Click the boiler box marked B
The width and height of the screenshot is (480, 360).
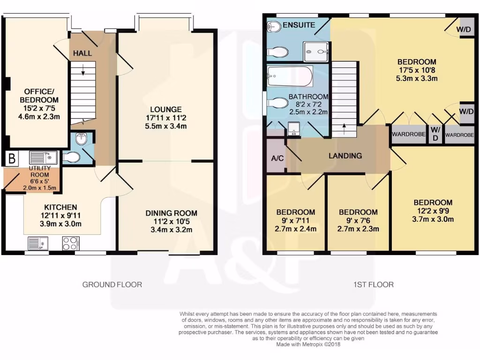pyautogui.click(x=10, y=158)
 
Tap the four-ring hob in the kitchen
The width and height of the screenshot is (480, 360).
pyautogui.click(x=70, y=243)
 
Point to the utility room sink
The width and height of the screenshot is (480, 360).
pyautogui.click(x=43, y=157)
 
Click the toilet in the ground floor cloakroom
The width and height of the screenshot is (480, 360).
pyautogui.click(x=71, y=157)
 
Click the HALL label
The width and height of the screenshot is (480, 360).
pyautogui.click(x=82, y=53)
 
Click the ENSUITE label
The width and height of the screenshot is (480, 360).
pyautogui.click(x=299, y=25)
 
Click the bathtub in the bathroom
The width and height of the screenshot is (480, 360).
pyautogui.click(x=290, y=77)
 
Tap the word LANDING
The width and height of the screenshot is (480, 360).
pyautogui.click(x=345, y=156)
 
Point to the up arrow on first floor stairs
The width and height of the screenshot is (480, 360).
pyautogui.click(x=345, y=127)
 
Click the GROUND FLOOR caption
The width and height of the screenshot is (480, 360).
pyautogui.click(x=112, y=284)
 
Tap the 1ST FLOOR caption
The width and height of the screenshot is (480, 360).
pyautogui.click(x=374, y=284)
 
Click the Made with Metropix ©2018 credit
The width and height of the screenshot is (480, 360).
pyautogui.click(x=308, y=344)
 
